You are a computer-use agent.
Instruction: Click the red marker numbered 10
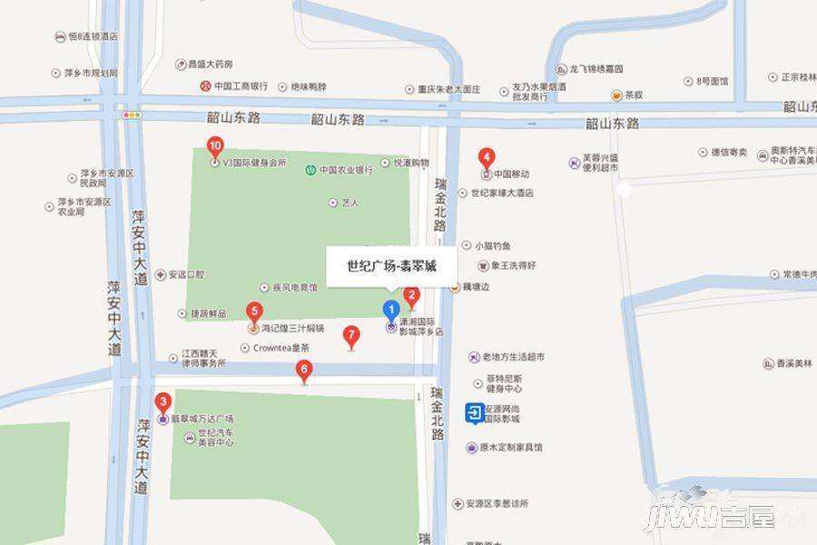coord(215,145)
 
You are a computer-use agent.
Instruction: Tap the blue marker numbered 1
coord(391,308)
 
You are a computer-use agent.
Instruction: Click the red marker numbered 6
coord(254,311)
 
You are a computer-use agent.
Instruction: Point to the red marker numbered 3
coord(304,369)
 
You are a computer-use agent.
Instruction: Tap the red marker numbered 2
coord(411,294)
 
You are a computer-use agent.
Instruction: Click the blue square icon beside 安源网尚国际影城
coord(475,413)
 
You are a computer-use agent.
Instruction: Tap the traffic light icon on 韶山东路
coord(133,115)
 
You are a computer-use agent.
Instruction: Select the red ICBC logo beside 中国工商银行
coord(206,86)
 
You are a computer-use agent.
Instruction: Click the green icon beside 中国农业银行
coord(310,169)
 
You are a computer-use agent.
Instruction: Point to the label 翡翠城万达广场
coord(202,419)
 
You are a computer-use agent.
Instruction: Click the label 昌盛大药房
coord(210,64)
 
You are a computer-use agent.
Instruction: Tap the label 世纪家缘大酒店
coord(501,193)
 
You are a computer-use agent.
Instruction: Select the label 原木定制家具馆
coord(510,448)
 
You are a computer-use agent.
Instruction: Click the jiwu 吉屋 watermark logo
coord(710,517)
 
